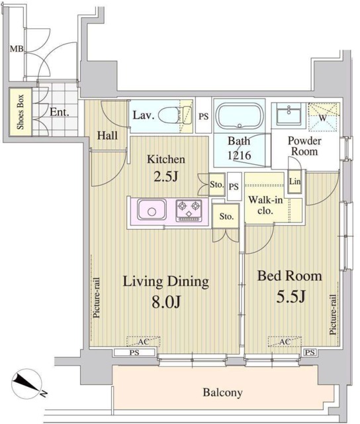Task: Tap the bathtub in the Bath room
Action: pos(239,116)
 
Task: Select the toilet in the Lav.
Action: pos(175,115)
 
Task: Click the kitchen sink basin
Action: pos(152,209)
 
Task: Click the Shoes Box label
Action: pos(21,112)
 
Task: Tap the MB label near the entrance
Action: pos(17,49)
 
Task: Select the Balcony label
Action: pos(222,392)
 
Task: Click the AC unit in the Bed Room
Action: pos(285,341)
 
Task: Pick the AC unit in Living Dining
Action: pos(143,341)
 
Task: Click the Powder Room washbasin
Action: pos(289,115)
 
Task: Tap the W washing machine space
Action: pos(323,117)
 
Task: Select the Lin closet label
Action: pos(294,181)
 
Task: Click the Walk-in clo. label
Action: pos(265,205)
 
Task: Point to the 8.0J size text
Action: pos(166,302)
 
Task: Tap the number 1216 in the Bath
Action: pos(240,155)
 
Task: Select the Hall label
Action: pos(107,135)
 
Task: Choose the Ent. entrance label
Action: pos(59,112)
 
